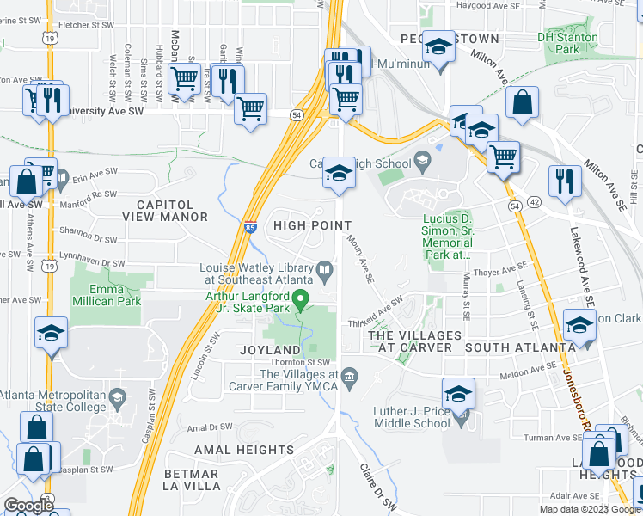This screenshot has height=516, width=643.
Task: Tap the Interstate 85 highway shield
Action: click(x=249, y=228)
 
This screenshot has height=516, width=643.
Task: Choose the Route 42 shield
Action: click(x=534, y=202)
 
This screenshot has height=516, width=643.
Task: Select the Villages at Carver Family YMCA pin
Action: click(x=350, y=376)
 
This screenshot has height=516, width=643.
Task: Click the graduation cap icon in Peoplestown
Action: click(x=439, y=48)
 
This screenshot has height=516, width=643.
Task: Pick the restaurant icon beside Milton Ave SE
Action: click(x=564, y=181)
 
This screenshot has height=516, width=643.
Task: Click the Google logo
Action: click(x=28, y=506)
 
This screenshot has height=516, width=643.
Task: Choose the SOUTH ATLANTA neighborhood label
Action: click(x=518, y=347)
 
